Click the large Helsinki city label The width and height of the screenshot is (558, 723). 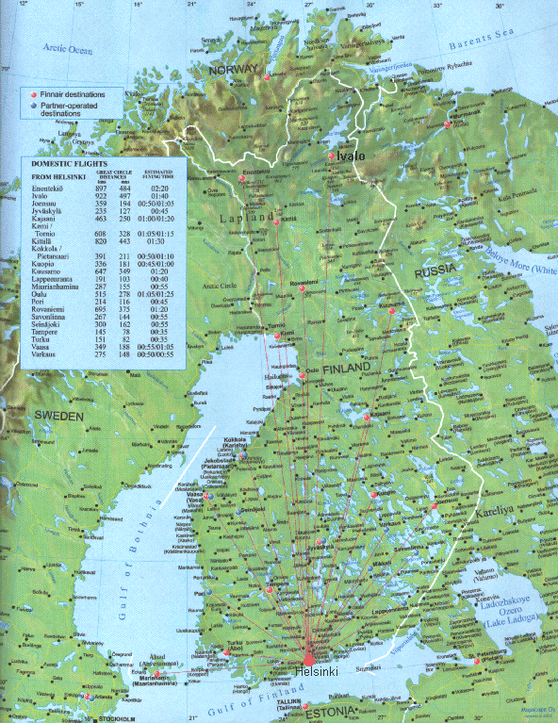tap(312, 670)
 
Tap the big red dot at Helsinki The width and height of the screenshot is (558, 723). tap(308, 657)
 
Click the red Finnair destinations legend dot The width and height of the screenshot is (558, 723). tap(32, 96)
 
